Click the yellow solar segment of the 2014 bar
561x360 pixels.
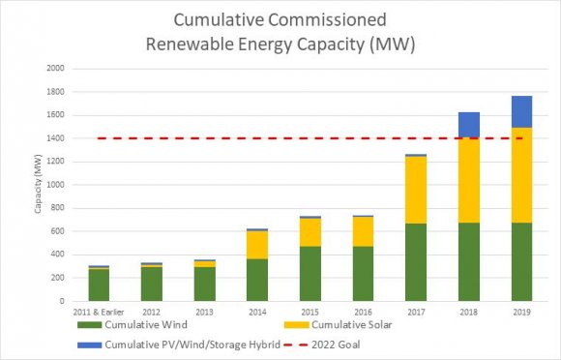coord(256,245)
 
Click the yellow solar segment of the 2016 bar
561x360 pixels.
coord(362,231)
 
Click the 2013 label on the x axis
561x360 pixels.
coord(204,313)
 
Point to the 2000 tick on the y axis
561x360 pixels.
coord(55,69)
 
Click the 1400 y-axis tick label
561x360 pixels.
coord(55,138)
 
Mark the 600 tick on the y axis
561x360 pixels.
coord(57,231)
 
